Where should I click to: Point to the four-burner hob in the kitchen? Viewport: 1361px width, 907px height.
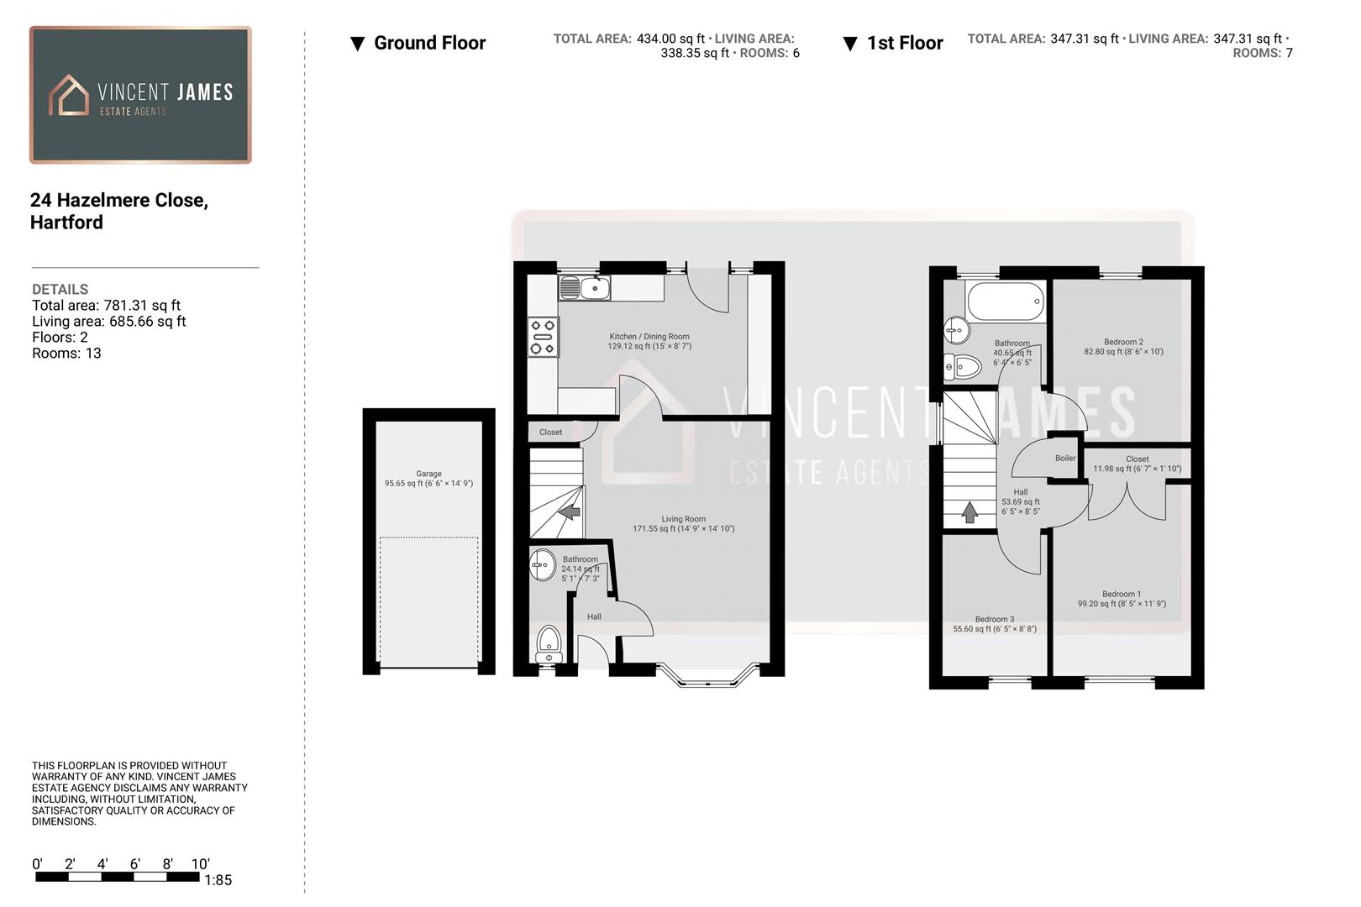point(543,336)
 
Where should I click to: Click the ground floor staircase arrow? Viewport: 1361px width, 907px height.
point(570,511)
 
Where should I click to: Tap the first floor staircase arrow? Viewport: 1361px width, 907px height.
point(970,511)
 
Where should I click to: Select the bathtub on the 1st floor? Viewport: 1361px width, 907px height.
point(1006,301)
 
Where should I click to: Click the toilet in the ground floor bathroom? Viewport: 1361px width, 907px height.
point(549,643)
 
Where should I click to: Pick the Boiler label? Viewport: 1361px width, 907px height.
point(1065,459)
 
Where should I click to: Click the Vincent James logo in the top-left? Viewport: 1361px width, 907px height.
point(140,95)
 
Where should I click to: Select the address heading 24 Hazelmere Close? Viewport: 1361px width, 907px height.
point(118,201)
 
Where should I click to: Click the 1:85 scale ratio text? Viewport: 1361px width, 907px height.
point(218,880)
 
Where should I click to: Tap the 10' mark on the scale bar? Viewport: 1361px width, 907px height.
point(200,864)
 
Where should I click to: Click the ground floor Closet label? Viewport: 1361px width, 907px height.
point(551,433)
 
